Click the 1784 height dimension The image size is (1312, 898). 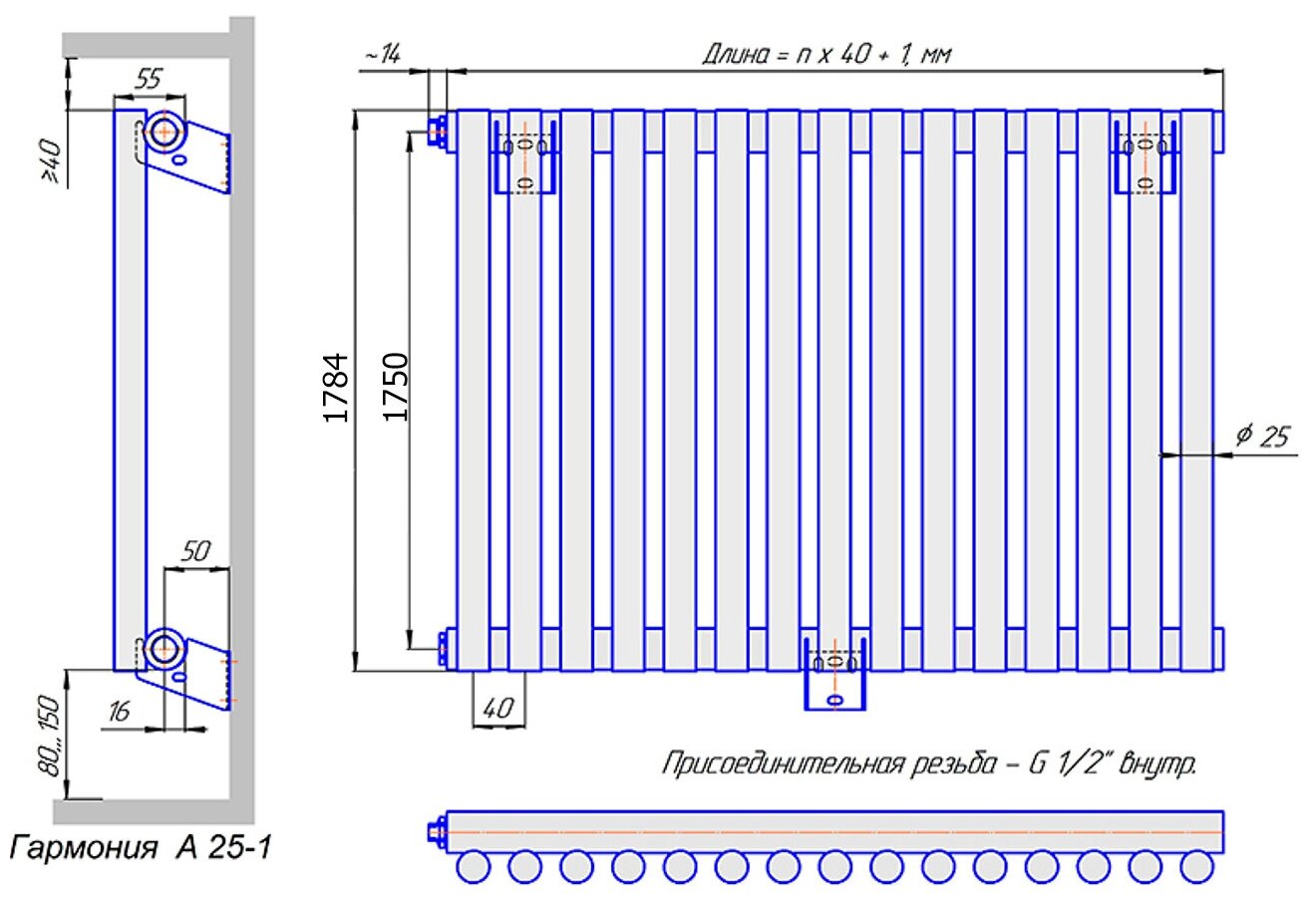click(338, 387)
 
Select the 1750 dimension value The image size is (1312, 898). click(397, 387)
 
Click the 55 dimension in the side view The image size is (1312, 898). click(148, 81)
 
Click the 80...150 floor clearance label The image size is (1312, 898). click(51, 736)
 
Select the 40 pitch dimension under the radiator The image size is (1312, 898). click(496, 709)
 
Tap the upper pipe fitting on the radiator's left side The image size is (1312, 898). click(436, 131)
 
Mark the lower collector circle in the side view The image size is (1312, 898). click(162, 649)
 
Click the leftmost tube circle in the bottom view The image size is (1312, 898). click(474, 867)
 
